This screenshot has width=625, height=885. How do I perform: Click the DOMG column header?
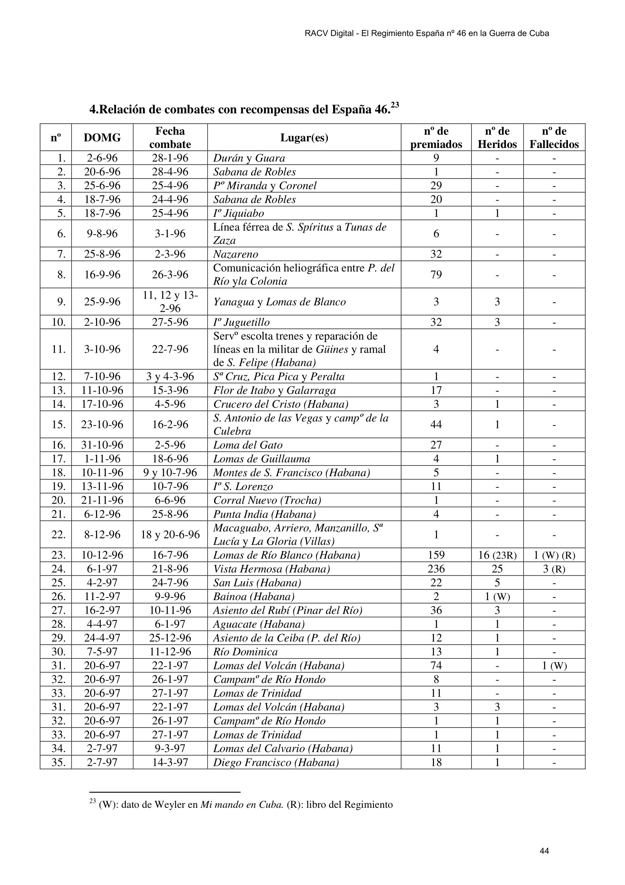point(102,137)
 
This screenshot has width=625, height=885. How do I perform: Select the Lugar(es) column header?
point(304,137)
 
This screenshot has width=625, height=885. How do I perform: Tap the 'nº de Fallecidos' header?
point(554,137)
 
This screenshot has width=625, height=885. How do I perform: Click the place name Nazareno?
point(235,254)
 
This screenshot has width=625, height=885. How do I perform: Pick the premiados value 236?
point(436,569)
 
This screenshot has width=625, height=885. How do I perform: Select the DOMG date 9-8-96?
point(102,233)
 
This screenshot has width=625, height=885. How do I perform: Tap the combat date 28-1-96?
point(170,158)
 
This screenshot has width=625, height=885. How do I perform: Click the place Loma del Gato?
point(248,445)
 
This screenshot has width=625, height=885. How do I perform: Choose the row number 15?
point(59,425)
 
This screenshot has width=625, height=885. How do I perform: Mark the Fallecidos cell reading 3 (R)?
point(554,569)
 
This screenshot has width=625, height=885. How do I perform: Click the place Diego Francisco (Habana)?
point(276,762)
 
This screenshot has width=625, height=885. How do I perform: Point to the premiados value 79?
point(436,274)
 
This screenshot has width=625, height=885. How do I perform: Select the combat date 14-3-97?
point(170,762)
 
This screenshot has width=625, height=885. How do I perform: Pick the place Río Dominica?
point(245,652)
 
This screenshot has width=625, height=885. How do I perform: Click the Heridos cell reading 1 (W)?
point(497,596)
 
